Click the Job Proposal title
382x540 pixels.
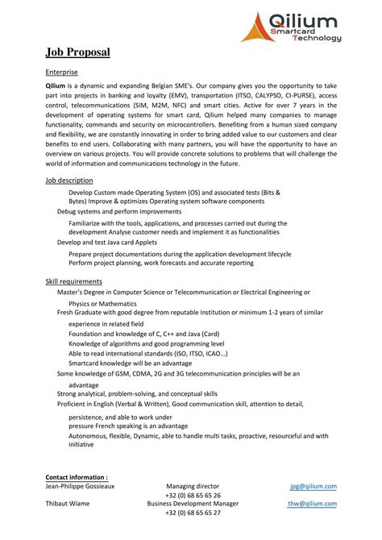pos(77,52)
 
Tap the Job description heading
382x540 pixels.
pos(69,181)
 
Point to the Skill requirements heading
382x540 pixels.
pos(73,280)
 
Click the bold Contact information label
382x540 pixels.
pos(77,477)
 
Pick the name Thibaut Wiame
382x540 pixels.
pos(67,504)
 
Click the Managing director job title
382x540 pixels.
pos(193,486)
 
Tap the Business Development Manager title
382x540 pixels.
pos(193,504)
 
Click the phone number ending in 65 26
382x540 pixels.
pos(193,495)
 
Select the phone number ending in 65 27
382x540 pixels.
pos(193,513)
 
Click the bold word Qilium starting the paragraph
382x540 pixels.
pos(56,85)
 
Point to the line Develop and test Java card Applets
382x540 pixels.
pos(106,242)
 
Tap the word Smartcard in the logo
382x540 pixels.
pos(295,30)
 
